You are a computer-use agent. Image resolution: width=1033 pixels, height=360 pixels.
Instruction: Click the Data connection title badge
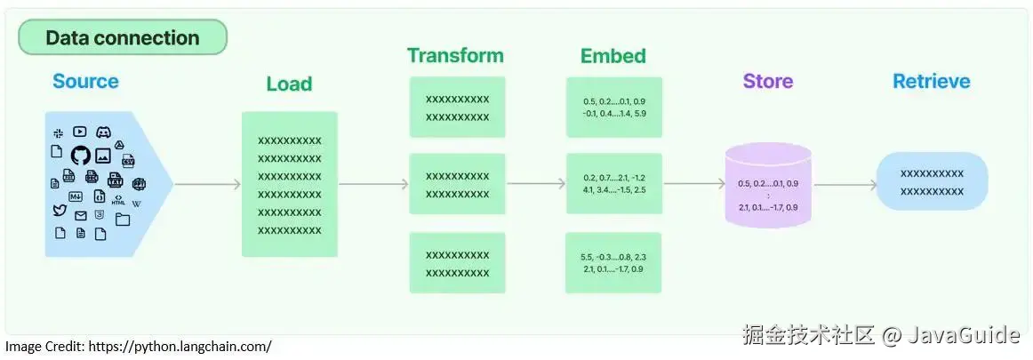pyautogui.click(x=123, y=37)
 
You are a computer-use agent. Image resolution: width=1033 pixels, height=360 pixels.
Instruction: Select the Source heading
pyautogui.click(x=85, y=82)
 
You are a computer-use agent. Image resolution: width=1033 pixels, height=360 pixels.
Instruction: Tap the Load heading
pyautogui.click(x=289, y=84)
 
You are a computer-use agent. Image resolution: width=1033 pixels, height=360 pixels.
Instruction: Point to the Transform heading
pyautogui.click(x=455, y=56)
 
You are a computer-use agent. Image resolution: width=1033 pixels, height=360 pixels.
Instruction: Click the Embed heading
pyautogui.click(x=613, y=56)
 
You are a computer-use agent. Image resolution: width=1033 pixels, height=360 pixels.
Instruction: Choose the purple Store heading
pyautogui.click(x=767, y=82)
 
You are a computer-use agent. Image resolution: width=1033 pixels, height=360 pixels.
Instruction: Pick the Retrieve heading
pyautogui.click(x=931, y=82)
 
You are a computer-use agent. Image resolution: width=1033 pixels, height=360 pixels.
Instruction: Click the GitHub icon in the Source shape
pyautogui.click(x=80, y=156)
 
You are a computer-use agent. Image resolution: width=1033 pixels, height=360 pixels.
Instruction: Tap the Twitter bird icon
pyautogui.click(x=60, y=211)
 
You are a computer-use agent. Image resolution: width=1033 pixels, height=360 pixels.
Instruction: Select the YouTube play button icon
pyautogui.click(x=80, y=132)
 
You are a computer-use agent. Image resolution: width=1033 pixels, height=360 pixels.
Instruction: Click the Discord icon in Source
pyautogui.click(x=103, y=132)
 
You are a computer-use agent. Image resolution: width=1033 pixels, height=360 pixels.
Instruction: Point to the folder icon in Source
pyautogui.click(x=123, y=219)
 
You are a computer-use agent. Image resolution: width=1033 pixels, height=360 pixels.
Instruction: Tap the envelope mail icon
pyautogui.click(x=81, y=215)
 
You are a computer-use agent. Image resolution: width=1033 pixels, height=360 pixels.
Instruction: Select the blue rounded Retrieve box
pyautogui.click(x=931, y=181)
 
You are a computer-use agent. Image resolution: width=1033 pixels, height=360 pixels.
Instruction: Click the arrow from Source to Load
pyautogui.click(x=206, y=185)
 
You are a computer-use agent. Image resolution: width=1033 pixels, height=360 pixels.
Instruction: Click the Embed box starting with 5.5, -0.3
pyautogui.click(x=613, y=262)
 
